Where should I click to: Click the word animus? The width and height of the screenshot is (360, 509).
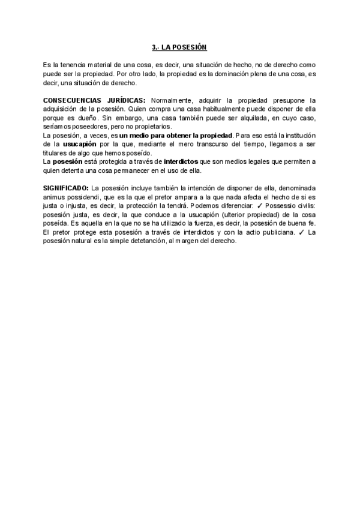[54, 196]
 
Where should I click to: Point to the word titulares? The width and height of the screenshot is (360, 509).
[55, 153]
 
